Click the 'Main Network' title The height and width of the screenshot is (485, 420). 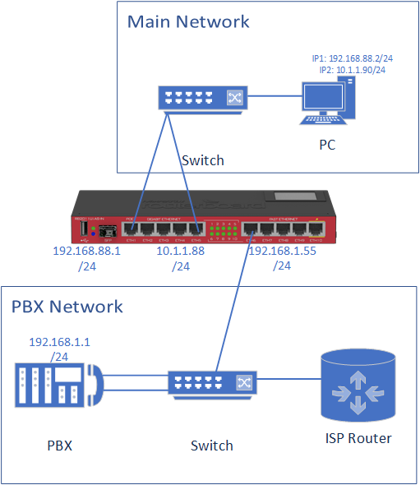pos(188,21)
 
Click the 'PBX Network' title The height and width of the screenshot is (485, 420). pos(67,307)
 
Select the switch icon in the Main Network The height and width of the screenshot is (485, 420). pos(199,98)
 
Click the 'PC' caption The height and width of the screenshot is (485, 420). pos(327,145)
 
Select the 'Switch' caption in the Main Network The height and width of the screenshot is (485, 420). pos(202,159)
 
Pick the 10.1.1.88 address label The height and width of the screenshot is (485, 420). pos(182,252)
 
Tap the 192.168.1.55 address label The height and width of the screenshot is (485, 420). pos(282,252)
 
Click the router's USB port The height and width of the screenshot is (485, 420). pos(82,225)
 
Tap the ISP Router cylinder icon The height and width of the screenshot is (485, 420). pos(358,383)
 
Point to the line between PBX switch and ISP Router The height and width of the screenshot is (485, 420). pos(288,380)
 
